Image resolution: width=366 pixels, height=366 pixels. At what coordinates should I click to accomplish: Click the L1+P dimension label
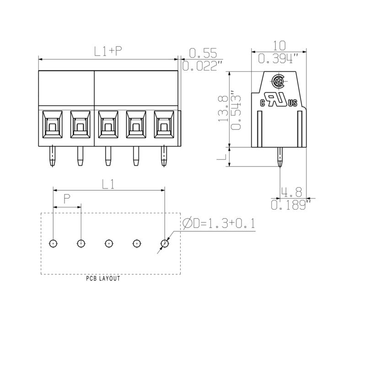[108, 51]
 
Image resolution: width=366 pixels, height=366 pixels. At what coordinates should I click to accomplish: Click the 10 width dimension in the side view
[279, 45]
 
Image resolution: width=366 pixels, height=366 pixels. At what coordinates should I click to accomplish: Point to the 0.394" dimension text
[279, 58]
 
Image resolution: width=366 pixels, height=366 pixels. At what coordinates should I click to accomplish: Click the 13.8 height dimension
[223, 109]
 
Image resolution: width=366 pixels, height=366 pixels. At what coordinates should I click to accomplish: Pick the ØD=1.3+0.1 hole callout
[218, 223]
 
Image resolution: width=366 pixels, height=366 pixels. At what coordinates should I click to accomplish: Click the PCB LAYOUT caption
[103, 279]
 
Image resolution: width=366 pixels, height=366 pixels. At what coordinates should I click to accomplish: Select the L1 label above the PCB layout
[108, 183]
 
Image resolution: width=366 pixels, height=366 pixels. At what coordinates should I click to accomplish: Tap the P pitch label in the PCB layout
[67, 199]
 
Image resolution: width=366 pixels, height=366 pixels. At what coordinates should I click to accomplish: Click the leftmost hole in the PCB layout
[54, 243]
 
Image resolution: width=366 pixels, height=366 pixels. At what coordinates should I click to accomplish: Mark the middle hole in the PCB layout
[109, 243]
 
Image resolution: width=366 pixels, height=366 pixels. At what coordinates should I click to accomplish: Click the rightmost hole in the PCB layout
[164, 243]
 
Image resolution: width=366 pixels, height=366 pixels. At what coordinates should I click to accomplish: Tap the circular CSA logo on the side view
[278, 82]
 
